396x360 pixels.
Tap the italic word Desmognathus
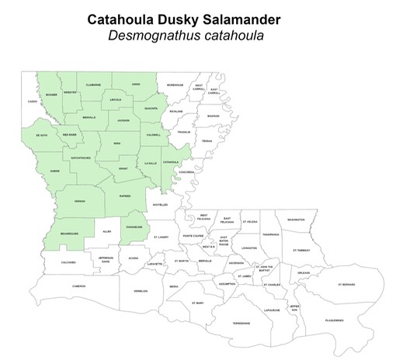pos(170,36)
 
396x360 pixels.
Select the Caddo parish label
pos(32,102)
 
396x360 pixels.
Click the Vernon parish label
pos(79,201)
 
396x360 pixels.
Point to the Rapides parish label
pos(127,196)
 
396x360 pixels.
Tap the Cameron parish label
pos(78,286)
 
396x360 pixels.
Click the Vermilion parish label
pos(140,292)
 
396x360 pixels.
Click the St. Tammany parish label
pos(301,251)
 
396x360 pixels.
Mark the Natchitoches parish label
pos(82,157)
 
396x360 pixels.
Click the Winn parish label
pos(117,143)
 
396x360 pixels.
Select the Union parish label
pos(136,84)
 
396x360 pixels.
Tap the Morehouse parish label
pos(175,85)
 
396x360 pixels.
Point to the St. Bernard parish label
pos(346,285)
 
